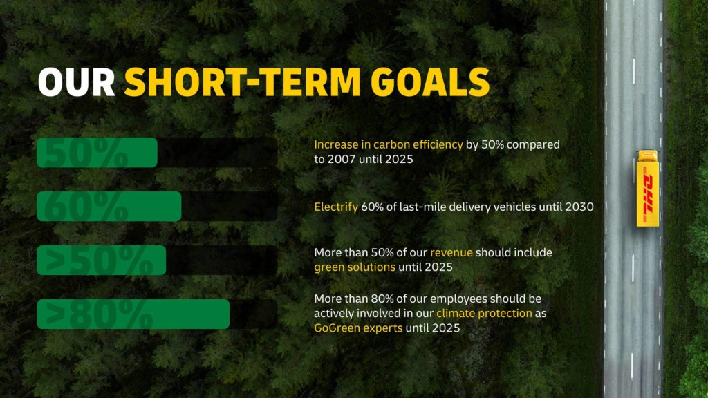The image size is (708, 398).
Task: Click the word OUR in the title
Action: (x=76, y=82)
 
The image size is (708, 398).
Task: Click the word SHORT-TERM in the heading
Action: (x=243, y=82)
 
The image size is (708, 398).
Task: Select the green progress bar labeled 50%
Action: (x=97, y=153)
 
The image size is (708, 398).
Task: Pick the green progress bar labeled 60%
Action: (x=109, y=206)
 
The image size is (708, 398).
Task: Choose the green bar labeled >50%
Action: (x=102, y=260)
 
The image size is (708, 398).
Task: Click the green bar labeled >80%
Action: (x=133, y=314)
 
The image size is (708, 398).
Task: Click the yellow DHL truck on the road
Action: (x=647, y=189)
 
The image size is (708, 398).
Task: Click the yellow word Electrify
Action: (x=336, y=207)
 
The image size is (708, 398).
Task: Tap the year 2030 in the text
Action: (x=579, y=207)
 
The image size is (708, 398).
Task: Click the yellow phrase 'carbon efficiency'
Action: (x=418, y=145)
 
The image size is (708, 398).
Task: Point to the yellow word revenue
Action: (x=451, y=253)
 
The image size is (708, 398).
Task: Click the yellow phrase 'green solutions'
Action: (x=355, y=267)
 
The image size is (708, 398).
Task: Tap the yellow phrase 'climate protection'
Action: (x=484, y=313)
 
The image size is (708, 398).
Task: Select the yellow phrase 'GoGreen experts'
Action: (x=358, y=328)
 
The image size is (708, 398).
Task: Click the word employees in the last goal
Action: (x=458, y=299)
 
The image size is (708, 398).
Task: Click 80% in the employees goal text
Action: (x=383, y=298)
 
